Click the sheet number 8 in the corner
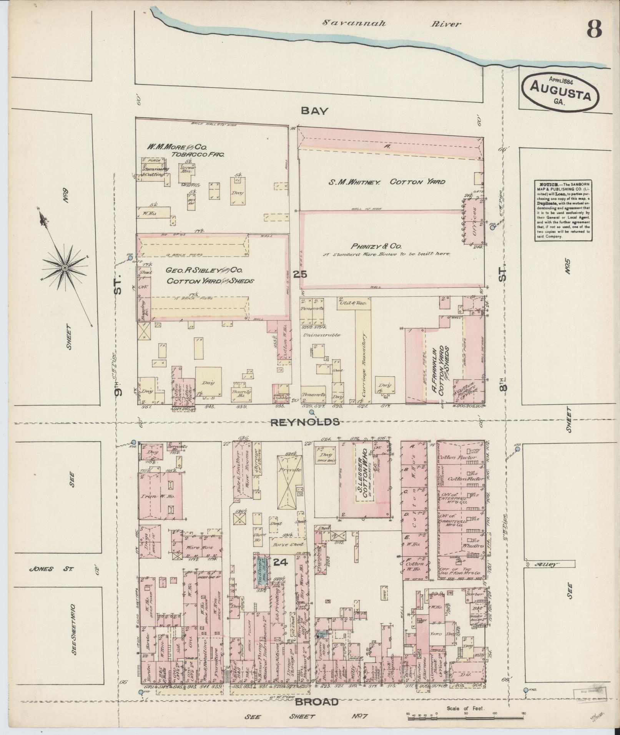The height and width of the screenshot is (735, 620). pyautogui.click(x=594, y=28)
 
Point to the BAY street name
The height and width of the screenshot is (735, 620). pyautogui.click(x=314, y=111)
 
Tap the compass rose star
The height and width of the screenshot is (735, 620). pyautogui.click(x=64, y=266)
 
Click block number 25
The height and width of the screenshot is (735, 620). pyautogui.click(x=300, y=274)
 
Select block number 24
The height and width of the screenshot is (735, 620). pyautogui.click(x=281, y=562)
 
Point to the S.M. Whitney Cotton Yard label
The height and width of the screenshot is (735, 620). pyautogui.click(x=386, y=182)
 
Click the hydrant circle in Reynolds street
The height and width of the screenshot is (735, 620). pyautogui.click(x=312, y=413)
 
